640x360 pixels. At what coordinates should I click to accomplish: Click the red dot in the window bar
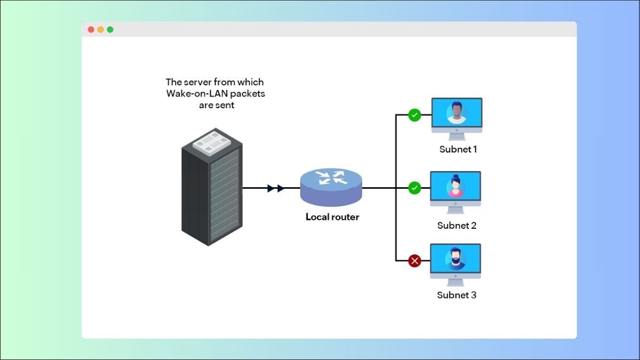91,30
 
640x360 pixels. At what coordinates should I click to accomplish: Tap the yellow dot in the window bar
100,30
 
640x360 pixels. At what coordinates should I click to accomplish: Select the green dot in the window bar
110,30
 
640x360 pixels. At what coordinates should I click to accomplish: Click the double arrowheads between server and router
276,188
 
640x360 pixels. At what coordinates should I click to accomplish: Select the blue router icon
331,187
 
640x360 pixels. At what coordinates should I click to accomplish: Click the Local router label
332,217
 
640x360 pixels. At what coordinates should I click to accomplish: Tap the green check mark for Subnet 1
414,115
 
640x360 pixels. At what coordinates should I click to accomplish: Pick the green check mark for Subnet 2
414,188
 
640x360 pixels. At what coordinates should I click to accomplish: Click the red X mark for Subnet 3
414,261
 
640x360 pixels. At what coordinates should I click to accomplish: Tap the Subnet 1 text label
458,149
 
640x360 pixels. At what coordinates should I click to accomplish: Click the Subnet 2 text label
457,226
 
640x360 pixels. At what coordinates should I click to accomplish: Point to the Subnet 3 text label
457,295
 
